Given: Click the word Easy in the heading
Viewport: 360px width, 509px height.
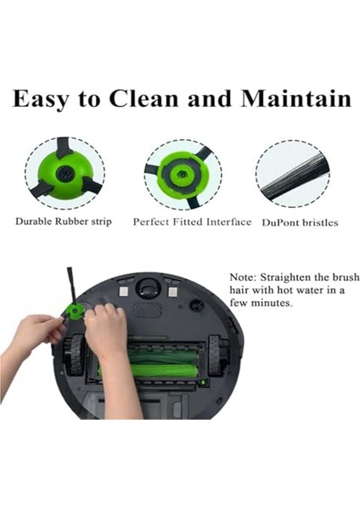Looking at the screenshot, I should click(x=45, y=98).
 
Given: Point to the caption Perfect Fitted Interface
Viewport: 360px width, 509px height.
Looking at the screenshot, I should click(x=192, y=221).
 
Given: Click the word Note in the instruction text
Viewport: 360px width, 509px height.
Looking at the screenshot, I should click(x=245, y=278).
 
